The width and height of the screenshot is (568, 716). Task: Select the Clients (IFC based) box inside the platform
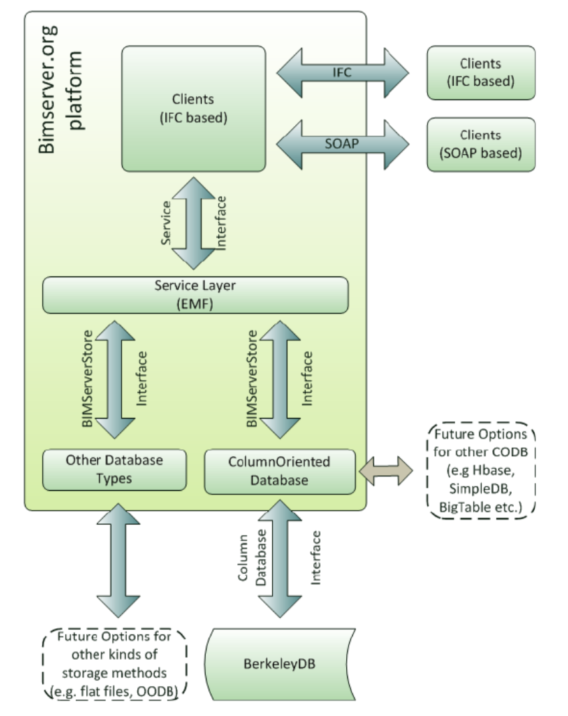[194, 109]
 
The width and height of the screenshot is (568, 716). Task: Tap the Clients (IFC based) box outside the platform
[481, 73]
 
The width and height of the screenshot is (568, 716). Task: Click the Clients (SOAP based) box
[481, 144]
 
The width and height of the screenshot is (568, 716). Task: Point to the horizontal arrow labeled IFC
[342, 73]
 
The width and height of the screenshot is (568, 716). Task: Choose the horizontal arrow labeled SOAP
[342, 144]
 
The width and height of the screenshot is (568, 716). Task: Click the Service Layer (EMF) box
[195, 295]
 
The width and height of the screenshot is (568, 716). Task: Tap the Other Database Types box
[115, 470]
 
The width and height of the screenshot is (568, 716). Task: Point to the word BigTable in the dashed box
[463, 506]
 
